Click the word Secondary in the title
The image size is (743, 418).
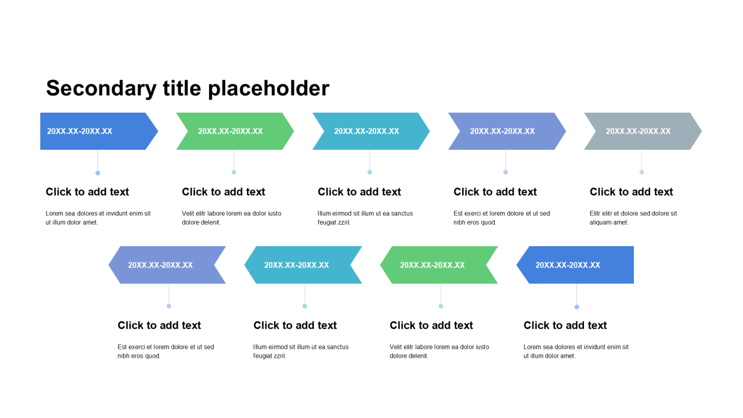[101, 89]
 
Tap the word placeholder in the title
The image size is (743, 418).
[269, 89]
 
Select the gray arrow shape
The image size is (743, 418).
[643, 131]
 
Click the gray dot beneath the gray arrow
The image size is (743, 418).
[642, 172]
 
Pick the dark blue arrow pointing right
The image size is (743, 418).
[99, 131]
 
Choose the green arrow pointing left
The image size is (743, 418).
[439, 265]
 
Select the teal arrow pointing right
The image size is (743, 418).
[371, 131]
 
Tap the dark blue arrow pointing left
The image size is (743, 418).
[575, 265]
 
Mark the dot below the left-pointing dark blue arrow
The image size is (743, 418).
[577, 307]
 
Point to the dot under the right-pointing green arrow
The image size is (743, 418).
[234, 172]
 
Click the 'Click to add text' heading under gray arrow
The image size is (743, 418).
[631, 192]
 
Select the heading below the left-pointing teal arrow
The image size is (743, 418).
[295, 325]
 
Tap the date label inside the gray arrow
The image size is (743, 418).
[638, 131]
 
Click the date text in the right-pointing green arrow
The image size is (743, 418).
[230, 131]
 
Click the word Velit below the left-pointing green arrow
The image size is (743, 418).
[396, 347]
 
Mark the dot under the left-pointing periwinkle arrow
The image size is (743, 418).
[169, 306]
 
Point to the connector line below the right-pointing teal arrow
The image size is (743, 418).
[370, 160]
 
